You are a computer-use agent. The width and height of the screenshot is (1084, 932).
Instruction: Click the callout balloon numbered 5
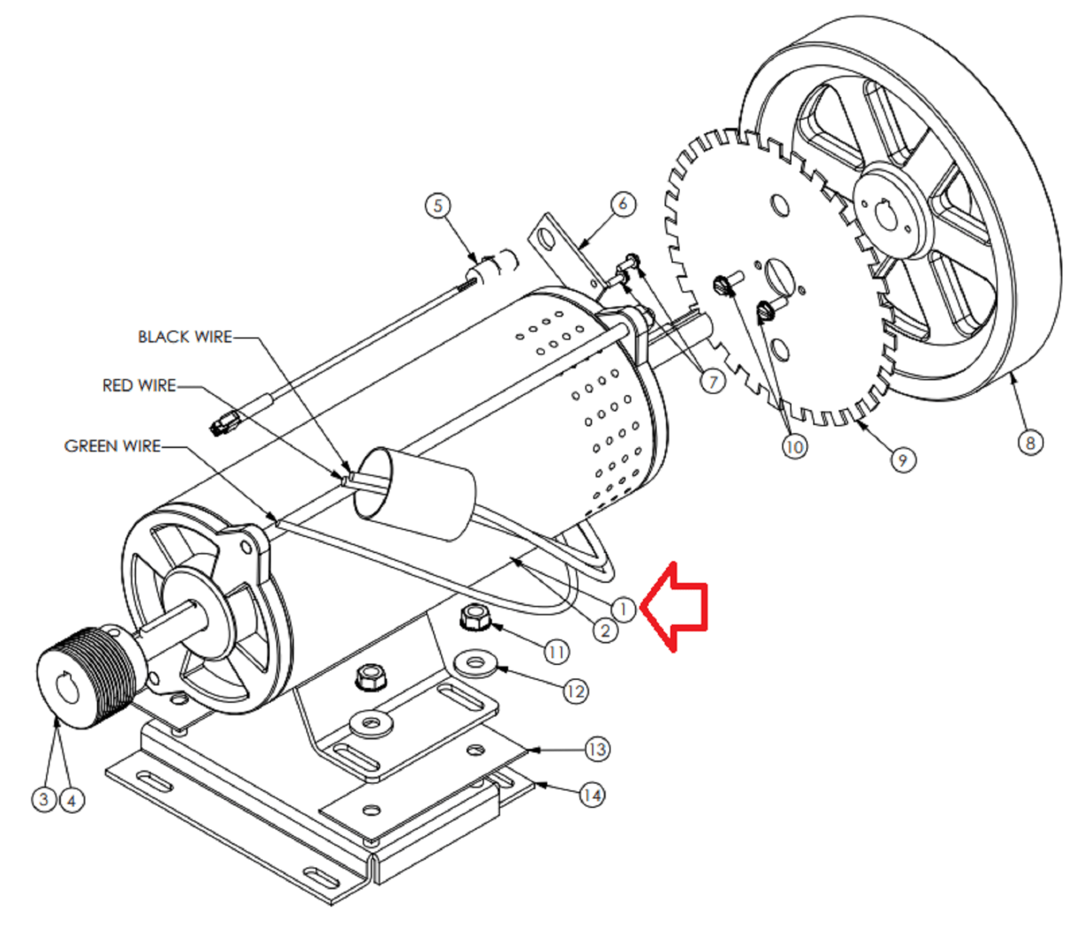coord(438,205)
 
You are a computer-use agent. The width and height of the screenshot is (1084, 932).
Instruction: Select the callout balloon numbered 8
coord(1030,443)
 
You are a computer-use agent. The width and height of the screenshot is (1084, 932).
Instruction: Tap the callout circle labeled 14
coord(591,794)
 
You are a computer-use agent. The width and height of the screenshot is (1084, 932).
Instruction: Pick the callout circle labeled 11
coord(556,652)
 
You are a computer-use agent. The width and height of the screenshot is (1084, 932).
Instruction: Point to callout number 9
coord(902,460)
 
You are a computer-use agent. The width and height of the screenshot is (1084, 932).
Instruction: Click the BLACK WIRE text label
coord(185,337)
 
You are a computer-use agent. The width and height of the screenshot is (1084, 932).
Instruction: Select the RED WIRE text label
coord(139,386)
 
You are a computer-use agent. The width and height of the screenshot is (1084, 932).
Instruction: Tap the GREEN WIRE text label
coord(112,446)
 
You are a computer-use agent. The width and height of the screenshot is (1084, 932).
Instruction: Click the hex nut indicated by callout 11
coord(475,617)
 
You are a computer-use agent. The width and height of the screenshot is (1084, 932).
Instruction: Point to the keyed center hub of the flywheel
coord(886,215)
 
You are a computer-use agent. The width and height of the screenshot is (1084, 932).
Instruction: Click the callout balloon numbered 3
coord(44,798)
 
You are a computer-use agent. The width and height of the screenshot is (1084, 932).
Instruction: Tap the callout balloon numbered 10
coord(794,447)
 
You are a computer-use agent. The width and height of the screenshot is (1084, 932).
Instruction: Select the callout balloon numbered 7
coord(712,382)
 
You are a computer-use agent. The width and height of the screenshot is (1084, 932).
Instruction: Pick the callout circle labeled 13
coord(597,749)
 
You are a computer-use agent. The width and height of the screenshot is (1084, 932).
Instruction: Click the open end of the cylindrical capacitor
coord(373,483)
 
